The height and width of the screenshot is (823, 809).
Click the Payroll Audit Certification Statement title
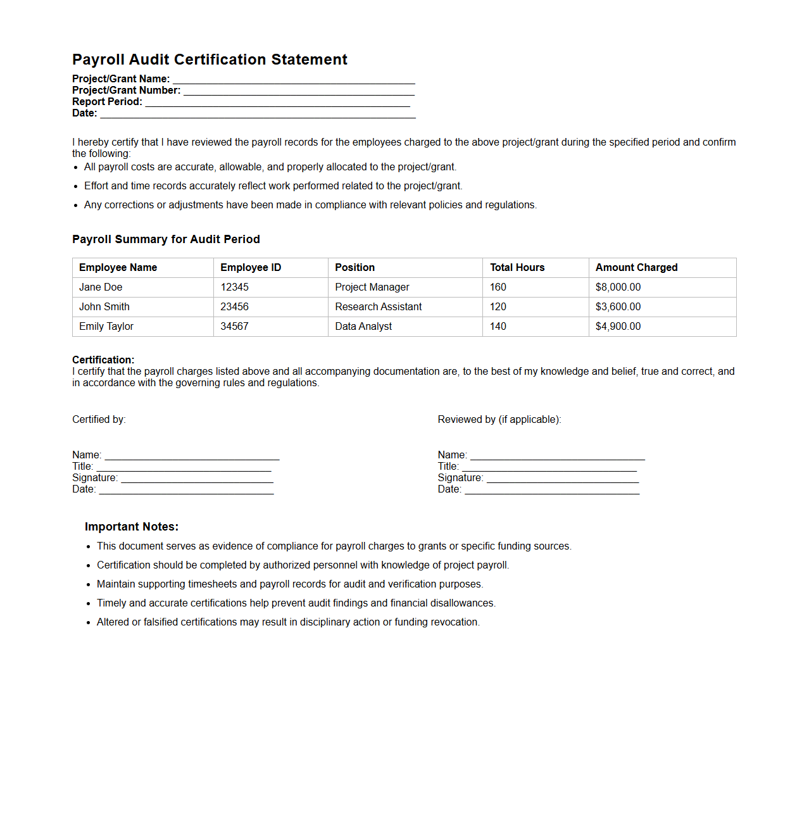tap(210, 60)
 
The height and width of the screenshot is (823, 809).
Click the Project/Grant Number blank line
tap(299, 91)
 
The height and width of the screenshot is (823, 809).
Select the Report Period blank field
tap(277, 102)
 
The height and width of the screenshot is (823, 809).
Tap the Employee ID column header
tap(251, 268)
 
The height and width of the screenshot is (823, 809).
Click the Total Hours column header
tap(517, 268)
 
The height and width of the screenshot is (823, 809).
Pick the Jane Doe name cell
tap(101, 287)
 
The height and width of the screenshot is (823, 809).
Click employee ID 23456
tap(234, 307)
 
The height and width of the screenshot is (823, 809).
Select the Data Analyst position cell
tap(363, 327)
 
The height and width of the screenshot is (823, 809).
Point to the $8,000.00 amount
tap(618, 287)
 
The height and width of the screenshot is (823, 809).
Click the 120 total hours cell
tap(498, 307)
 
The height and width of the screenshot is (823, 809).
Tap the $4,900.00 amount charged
tap(618, 327)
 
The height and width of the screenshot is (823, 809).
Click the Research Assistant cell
tap(379, 307)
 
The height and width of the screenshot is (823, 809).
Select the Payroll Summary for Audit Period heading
tap(166, 239)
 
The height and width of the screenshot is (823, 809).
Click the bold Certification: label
tap(103, 360)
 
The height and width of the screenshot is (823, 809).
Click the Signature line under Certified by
tap(197, 479)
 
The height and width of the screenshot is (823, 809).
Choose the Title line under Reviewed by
tap(549, 467)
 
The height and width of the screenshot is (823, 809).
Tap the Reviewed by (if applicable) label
tap(499, 420)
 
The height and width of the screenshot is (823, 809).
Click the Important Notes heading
tap(132, 527)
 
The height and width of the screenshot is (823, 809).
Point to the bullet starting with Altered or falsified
tap(288, 622)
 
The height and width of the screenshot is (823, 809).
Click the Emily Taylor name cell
tap(106, 327)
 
